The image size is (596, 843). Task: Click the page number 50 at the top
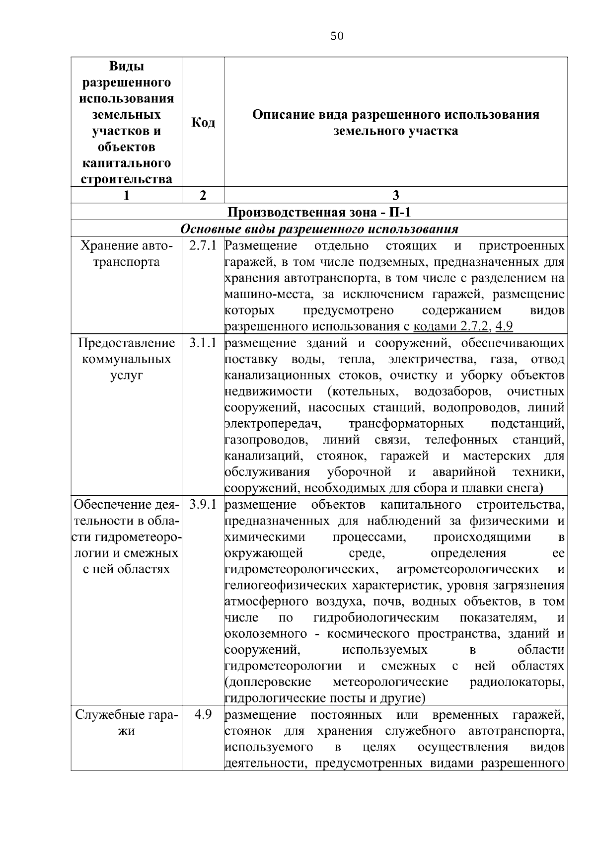pyautogui.click(x=337, y=36)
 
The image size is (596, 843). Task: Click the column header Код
pyautogui.click(x=203, y=122)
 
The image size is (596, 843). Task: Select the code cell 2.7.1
pyautogui.click(x=203, y=246)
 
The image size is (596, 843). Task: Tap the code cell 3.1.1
pyautogui.click(x=203, y=343)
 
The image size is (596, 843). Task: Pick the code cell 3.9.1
pyautogui.click(x=203, y=505)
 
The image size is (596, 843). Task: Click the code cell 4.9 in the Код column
pyautogui.click(x=203, y=715)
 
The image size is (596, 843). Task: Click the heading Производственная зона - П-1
pyautogui.click(x=319, y=213)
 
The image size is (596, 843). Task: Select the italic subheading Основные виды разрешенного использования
pyautogui.click(x=319, y=229)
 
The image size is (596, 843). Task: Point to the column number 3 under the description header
pyautogui.click(x=396, y=195)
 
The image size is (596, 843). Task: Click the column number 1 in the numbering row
pyautogui.click(x=127, y=195)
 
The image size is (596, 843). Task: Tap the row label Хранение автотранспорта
pyautogui.click(x=127, y=254)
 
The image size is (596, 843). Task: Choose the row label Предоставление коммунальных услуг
pyautogui.click(x=127, y=359)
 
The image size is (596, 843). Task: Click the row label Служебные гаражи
pyautogui.click(x=127, y=723)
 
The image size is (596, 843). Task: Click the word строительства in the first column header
pyautogui.click(x=127, y=179)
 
